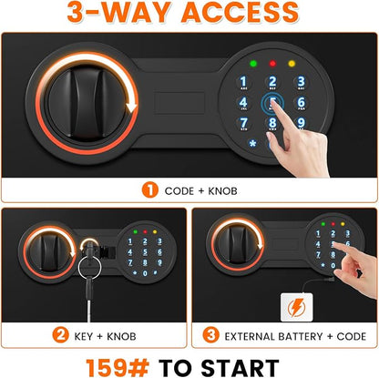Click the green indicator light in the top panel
[253, 64]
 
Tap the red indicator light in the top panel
[272, 64]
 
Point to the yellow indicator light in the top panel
[292, 64]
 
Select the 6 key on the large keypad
[301, 103]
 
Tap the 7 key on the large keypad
[243, 124]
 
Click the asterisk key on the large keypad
[252, 143]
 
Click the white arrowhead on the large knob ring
[132, 107]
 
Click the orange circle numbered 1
[150, 189]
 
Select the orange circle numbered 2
[60, 335]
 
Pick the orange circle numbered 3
[210, 335]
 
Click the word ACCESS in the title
[240, 12]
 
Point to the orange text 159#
[118, 368]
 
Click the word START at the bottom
[240, 368]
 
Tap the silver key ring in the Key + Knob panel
[89, 268]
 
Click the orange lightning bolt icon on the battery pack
[296, 308]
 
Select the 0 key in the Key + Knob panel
[145, 273]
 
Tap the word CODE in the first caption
[179, 191]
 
